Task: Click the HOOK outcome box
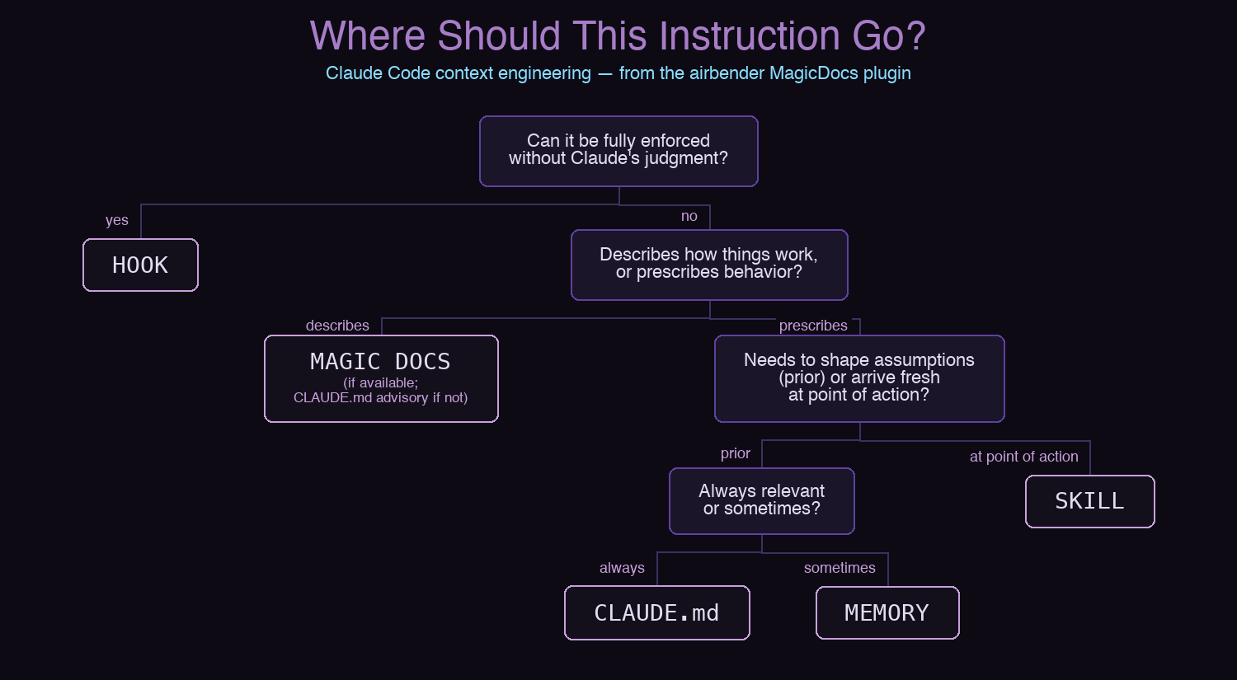[x=140, y=265]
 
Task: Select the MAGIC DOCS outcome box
[x=381, y=378]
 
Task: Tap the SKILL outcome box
[x=1089, y=501]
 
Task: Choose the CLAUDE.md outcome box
[x=656, y=613]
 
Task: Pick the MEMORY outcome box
[x=887, y=613]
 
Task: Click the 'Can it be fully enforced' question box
[x=618, y=151]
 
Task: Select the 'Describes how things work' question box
[x=709, y=265]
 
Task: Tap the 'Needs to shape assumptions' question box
[x=859, y=378]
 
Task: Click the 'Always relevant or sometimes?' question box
[x=762, y=500]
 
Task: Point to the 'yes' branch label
[x=117, y=220]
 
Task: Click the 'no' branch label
[x=689, y=216]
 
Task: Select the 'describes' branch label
[x=337, y=326]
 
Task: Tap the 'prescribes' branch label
[x=813, y=326]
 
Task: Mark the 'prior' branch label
[x=736, y=453]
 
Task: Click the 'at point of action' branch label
[x=1023, y=457]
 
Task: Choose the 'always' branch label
[x=622, y=568]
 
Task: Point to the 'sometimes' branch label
[x=840, y=568]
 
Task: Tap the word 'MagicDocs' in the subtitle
[x=813, y=73]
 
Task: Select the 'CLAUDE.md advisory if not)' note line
[x=380, y=398]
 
